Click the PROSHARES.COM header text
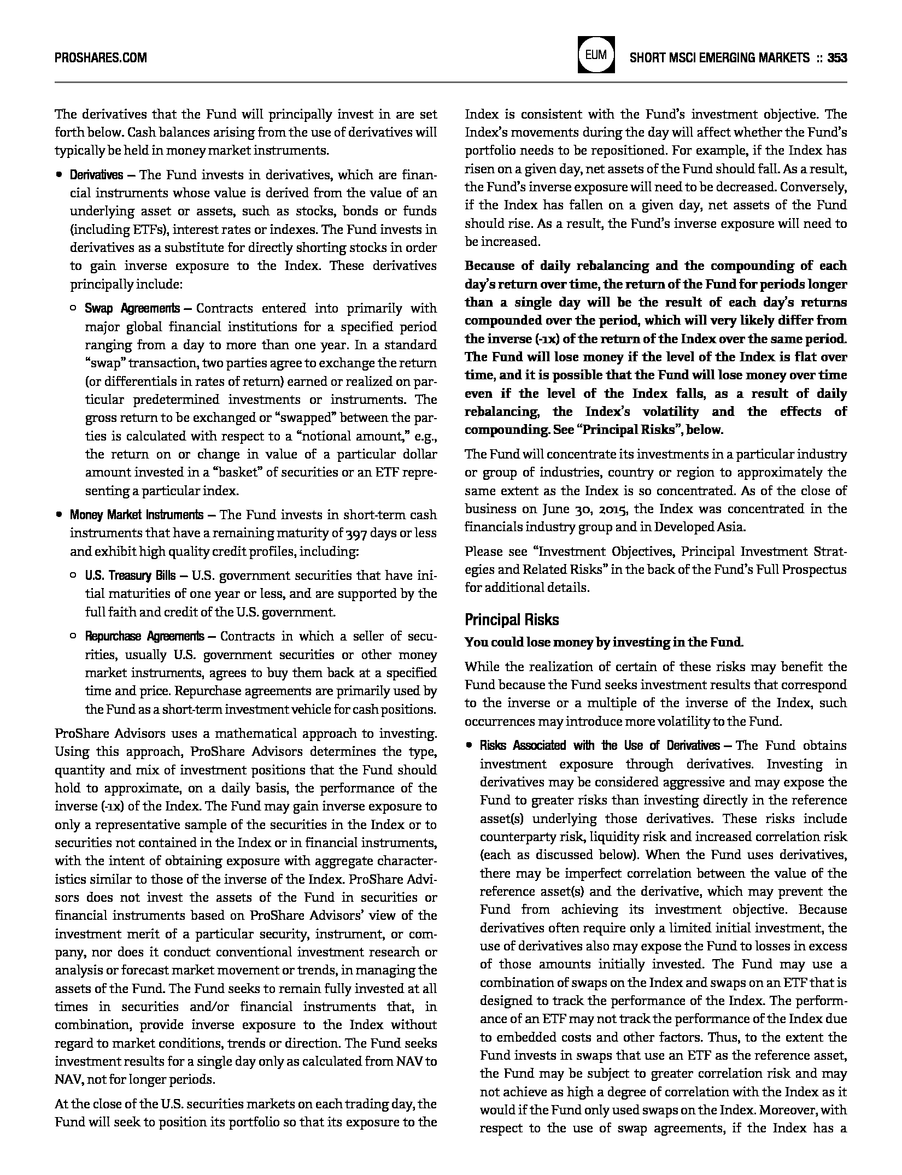point(101,57)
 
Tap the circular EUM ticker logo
point(596,55)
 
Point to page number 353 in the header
point(837,57)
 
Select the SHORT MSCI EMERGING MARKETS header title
point(719,57)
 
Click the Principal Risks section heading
point(512,620)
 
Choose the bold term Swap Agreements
point(132,308)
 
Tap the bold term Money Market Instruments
point(136,515)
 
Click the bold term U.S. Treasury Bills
point(130,575)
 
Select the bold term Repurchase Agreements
point(144,636)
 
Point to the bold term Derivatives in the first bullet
point(96,175)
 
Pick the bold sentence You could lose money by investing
point(604,643)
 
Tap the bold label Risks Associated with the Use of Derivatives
point(600,746)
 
